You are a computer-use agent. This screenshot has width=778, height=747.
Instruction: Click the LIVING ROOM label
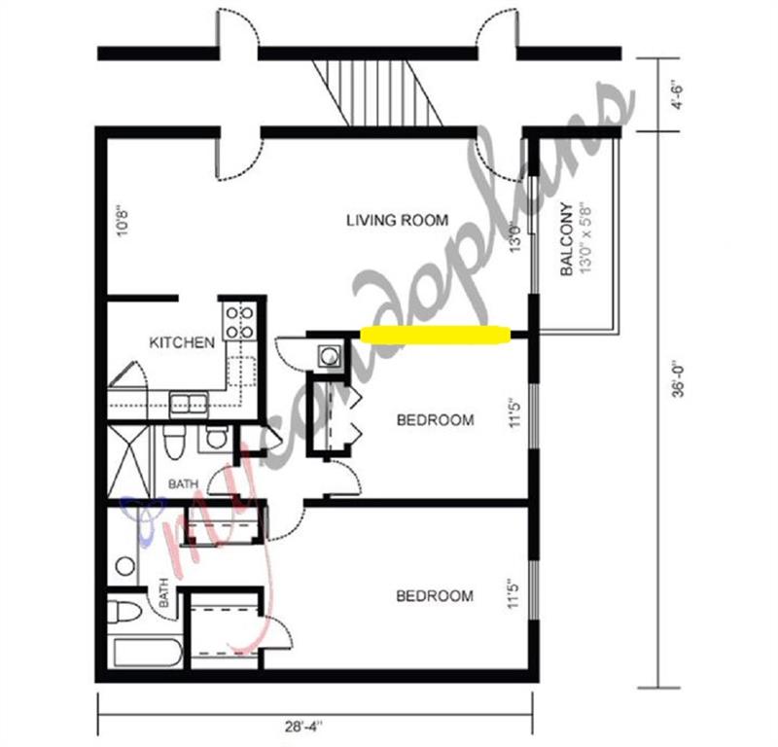point(397,220)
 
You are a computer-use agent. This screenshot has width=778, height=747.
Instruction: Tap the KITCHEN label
point(182,342)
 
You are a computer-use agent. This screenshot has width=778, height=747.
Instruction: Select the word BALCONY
point(567,238)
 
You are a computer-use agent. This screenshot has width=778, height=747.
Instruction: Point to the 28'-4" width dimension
point(304,727)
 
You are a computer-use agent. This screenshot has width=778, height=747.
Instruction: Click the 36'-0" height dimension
point(679,380)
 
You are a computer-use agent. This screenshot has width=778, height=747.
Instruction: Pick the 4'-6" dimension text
point(677,93)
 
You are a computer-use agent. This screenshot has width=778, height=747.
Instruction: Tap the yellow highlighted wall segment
point(435,335)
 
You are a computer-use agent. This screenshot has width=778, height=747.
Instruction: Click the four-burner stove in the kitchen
point(240,322)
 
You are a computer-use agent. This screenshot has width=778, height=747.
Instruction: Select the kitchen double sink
point(189,404)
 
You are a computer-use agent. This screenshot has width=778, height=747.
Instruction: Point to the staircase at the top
point(377,92)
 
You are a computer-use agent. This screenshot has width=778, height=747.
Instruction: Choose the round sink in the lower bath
point(125,566)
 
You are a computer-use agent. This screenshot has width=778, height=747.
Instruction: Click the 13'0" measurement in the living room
point(515,238)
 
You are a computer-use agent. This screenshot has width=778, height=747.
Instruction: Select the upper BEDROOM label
point(435,420)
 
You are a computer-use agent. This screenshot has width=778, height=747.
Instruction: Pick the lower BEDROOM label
point(435,595)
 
